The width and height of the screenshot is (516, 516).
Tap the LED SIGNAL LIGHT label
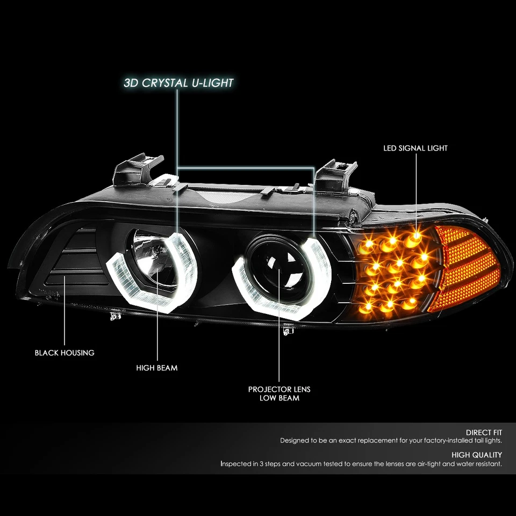[x=415, y=148]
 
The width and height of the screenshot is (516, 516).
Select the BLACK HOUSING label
[x=64, y=353]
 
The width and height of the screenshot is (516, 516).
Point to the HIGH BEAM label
[x=157, y=368]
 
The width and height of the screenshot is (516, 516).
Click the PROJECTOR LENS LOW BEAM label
[x=279, y=393]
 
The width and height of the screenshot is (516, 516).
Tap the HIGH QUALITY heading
[x=476, y=455]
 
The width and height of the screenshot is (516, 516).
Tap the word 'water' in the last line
[x=448, y=463]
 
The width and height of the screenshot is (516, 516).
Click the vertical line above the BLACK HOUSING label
[x=64, y=312]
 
